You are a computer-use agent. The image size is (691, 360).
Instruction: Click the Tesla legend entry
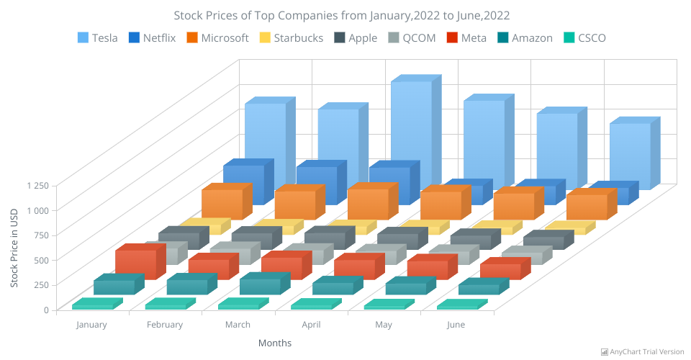point(98,38)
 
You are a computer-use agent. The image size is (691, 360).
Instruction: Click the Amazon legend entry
point(523,38)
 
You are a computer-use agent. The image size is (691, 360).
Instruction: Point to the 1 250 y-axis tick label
point(37,185)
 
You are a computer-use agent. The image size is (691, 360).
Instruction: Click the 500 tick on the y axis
point(42,260)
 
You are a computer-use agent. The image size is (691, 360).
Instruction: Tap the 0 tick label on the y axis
point(46,310)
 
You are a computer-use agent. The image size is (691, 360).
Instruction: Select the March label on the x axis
point(238,325)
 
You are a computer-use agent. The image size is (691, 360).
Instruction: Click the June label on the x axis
point(456,325)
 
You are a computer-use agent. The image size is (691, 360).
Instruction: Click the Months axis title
point(275,343)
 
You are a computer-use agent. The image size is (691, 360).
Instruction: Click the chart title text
point(346,15)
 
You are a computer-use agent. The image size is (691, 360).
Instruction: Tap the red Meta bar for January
point(135,264)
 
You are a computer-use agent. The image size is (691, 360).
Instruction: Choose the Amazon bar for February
point(186,287)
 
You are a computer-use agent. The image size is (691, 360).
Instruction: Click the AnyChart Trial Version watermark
point(643,351)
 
